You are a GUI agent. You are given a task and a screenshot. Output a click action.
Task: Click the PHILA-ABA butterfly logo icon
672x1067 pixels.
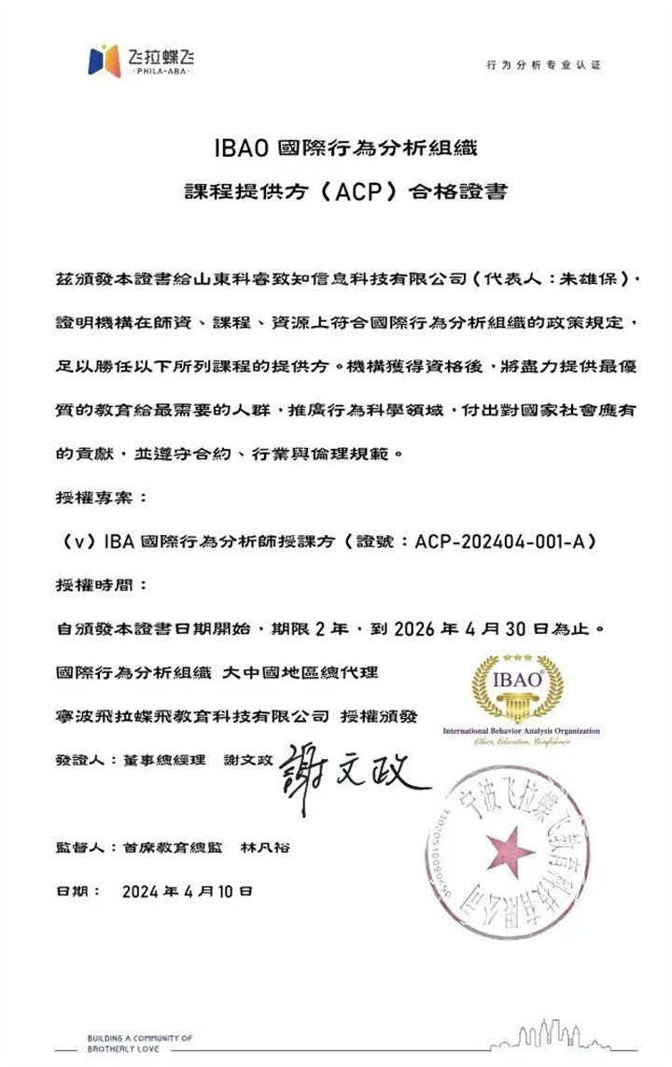pos(104,61)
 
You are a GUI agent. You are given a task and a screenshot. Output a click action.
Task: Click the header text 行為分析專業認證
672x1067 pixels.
pos(544,65)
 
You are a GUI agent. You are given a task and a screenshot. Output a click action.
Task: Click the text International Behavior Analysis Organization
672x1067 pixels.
pos(521,730)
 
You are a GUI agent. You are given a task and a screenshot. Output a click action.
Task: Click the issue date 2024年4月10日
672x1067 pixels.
pos(187,892)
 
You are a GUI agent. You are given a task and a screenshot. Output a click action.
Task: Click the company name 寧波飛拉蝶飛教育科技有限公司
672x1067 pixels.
pos(192,715)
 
